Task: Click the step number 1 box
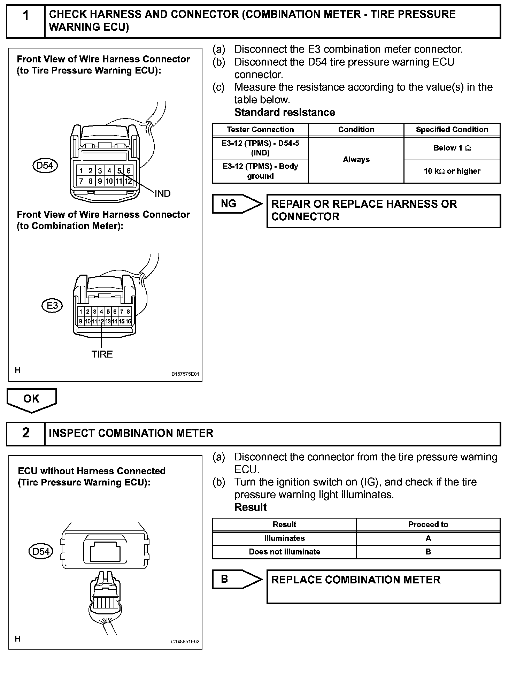[x=25, y=21]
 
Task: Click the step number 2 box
[x=25, y=433]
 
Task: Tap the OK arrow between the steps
[x=31, y=399]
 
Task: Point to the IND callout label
[x=162, y=194]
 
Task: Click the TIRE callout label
[x=102, y=354]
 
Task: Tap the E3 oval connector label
[x=52, y=306]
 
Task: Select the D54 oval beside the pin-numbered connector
[x=45, y=165]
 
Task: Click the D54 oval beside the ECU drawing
[x=41, y=551]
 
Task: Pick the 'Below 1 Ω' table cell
[x=452, y=148]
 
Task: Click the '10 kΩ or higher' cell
[x=452, y=171]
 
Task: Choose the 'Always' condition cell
[x=356, y=160]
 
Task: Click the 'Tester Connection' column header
[x=260, y=130]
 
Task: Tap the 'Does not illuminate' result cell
[x=284, y=552]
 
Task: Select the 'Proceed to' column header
[x=428, y=524]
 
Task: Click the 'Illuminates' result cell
[x=284, y=538]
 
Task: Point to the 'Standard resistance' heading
[x=285, y=113]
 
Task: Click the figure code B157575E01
[x=185, y=374]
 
